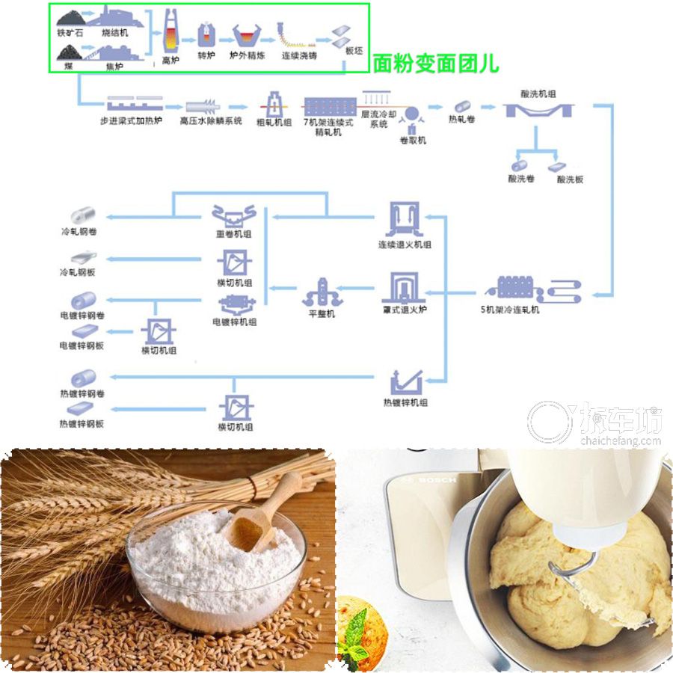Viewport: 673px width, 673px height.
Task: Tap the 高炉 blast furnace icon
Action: tap(170, 33)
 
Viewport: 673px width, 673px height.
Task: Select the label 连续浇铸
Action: tap(299, 56)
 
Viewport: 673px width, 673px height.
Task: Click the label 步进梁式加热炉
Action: tap(130, 120)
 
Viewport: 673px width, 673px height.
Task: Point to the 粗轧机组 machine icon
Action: tap(274, 104)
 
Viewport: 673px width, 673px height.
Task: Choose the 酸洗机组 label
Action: tap(538, 94)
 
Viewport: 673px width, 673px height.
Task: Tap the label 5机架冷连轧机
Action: tap(509, 309)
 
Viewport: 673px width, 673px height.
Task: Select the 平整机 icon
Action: tap(322, 292)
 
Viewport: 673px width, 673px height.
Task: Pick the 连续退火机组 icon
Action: tap(405, 220)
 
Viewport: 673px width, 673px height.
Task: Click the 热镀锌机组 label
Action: tap(405, 403)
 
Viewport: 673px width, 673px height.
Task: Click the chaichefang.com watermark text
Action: tap(620, 441)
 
